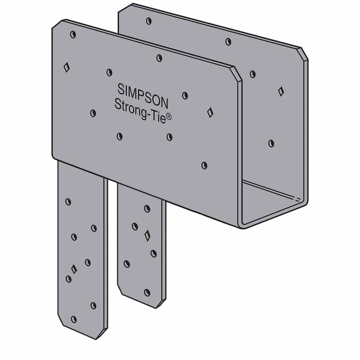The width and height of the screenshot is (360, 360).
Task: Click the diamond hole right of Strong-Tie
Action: (x=210, y=112)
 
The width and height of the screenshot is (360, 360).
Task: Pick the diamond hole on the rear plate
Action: (x=281, y=91)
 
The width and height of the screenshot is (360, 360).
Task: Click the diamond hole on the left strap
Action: (x=74, y=269)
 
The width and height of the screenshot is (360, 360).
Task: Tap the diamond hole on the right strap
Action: (x=147, y=235)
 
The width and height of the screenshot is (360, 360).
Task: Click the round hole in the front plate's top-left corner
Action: (x=73, y=35)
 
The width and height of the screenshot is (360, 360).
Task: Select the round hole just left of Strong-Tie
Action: (x=93, y=113)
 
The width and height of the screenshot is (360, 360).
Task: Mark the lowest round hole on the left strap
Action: (x=73, y=319)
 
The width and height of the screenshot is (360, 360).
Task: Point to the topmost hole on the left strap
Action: (x=68, y=202)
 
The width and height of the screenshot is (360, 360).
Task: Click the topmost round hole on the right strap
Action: (x=147, y=208)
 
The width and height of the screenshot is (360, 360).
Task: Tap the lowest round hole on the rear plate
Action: (x=271, y=143)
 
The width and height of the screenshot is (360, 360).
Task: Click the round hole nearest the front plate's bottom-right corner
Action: (x=204, y=166)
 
